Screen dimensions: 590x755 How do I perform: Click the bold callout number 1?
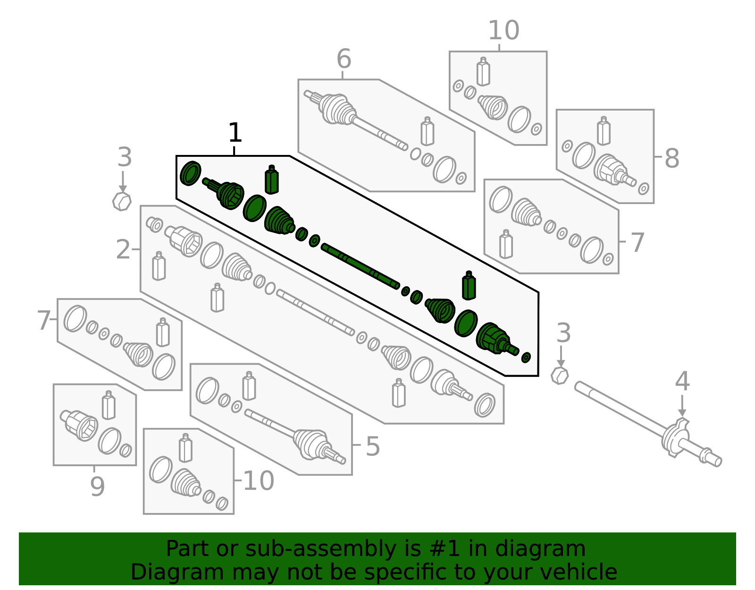point(235,133)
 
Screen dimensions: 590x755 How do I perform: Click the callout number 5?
point(372,446)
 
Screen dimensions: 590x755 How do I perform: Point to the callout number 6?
point(344,60)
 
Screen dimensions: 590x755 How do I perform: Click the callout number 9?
point(97,486)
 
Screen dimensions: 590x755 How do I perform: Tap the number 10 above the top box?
point(503,31)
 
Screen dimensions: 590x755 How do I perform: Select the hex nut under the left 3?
point(122,202)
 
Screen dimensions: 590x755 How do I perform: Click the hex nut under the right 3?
point(560,376)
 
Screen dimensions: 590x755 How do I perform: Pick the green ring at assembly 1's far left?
point(191,173)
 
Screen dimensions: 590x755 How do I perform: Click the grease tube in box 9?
point(109,405)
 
